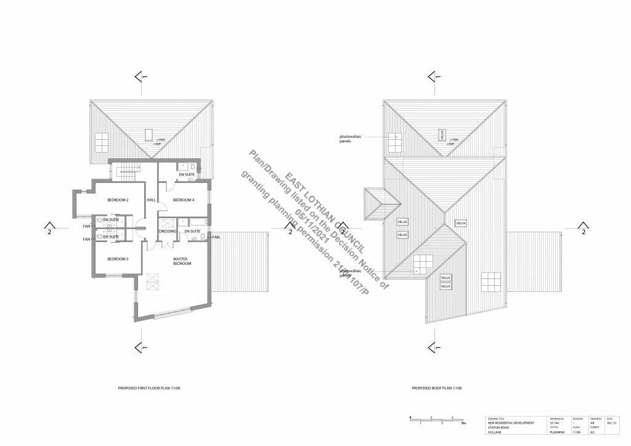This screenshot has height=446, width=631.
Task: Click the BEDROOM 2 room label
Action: click(118, 200)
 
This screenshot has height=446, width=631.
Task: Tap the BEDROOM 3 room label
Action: click(118, 259)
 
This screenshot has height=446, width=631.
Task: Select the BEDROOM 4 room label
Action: click(184, 200)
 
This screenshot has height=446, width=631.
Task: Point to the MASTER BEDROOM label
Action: click(182, 261)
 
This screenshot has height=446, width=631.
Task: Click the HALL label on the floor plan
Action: click(151, 200)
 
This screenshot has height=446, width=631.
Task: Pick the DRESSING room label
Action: click(168, 231)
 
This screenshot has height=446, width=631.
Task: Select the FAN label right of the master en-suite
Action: click(216, 237)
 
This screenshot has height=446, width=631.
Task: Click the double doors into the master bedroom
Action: click(162, 245)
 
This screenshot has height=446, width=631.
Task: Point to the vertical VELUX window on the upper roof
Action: click(442, 134)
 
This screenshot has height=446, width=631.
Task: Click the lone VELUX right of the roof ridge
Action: click(461, 223)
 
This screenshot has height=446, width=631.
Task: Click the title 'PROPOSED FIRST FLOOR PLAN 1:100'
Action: click(149, 389)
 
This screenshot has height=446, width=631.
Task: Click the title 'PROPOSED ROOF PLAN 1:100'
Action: click(437, 389)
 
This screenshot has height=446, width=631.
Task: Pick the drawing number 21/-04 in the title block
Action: click(553, 423)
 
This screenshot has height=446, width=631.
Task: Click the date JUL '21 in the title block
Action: click(611, 423)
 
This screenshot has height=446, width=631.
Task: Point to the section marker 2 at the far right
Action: click(583, 232)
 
